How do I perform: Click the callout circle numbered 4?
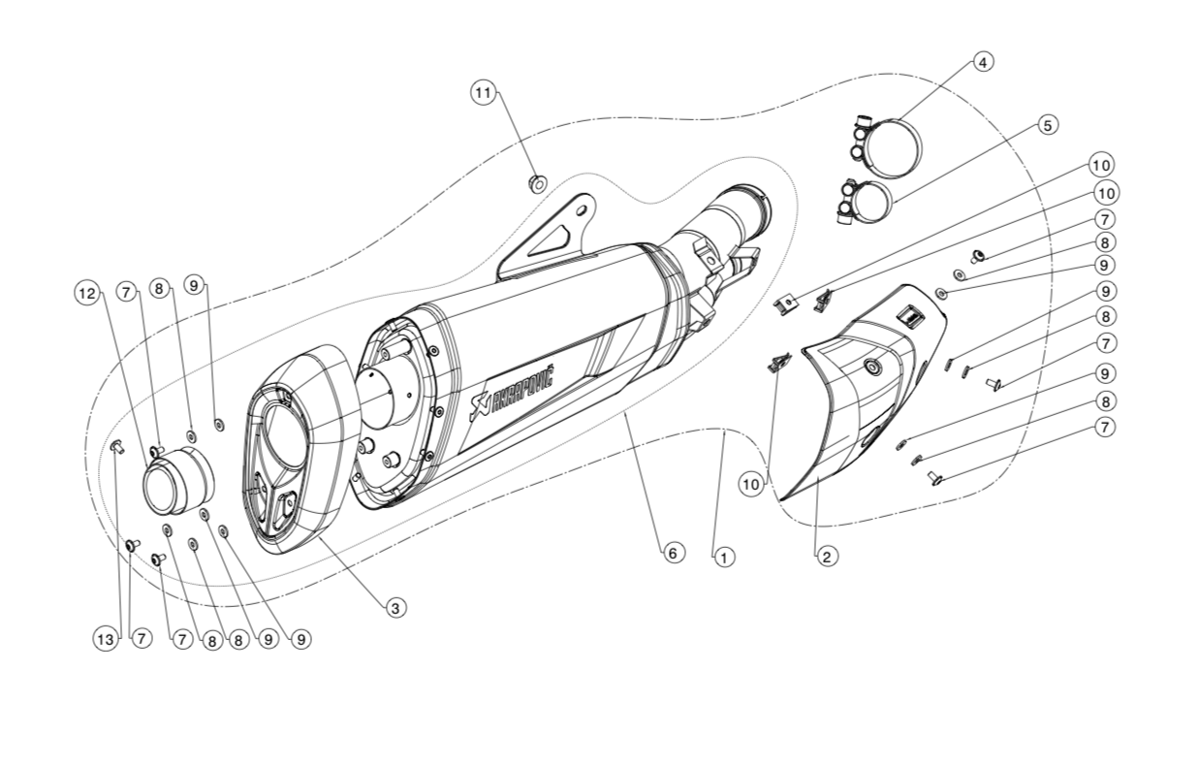pyautogui.click(x=983, y=62)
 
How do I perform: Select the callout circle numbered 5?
pyautogui.click(x=1047, y=125)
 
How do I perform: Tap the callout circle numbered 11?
pyautogui.click(x=483, y=92)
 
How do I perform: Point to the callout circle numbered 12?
pyautogui.click(x=87, y=292)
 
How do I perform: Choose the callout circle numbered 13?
pyautogui.click(x=106, y=639)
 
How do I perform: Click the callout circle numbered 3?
pyautogui.click(x=394, y=608)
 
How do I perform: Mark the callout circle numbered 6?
pyautogui.click(x=674, y=553)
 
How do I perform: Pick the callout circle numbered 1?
pyautogui.click(x=723, y=558)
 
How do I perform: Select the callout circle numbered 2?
pyautogui.click(x=826, y=557)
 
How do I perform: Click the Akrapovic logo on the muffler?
pyautogui.click(x=512, y=391)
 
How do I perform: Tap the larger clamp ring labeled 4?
pyautogui.click(x=893, y=146)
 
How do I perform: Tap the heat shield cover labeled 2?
pyautogui.click(x=853, y=398)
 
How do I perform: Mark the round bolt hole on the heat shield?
pyautogui.click(x=871, y=367)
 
